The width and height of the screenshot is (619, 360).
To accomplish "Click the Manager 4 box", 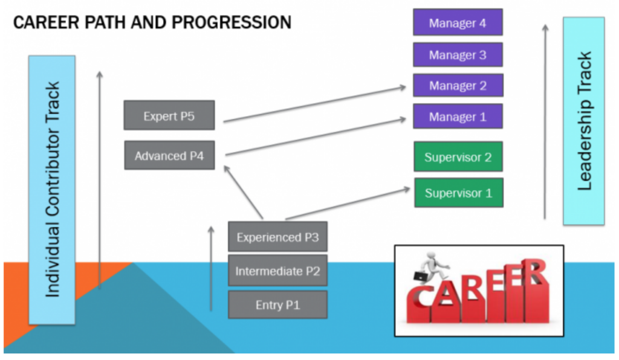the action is [458, 22].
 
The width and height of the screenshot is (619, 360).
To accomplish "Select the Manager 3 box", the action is [458, 54].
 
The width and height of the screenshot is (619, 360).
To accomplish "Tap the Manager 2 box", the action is [458, 85].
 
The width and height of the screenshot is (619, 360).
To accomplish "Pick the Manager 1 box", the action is [458, 117].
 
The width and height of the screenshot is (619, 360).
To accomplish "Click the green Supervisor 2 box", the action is [458, 156].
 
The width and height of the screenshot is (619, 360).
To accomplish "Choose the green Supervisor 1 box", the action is [458, 193].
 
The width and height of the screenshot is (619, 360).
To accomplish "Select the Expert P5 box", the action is [169, 115].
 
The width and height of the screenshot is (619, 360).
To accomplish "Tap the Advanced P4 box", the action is [169, 155].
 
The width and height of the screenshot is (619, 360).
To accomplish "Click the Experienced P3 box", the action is [277, 237].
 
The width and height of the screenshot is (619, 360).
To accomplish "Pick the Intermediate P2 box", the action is [277, 271].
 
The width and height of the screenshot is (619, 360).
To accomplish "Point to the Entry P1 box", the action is [277, 304].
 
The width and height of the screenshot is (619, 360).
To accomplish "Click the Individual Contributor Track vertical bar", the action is [52, 190].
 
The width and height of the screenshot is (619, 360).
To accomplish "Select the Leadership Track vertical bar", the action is [583, 121].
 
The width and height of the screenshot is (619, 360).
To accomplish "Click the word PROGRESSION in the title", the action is [232, 22].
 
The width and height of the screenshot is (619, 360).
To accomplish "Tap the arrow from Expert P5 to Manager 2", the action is [314, 104].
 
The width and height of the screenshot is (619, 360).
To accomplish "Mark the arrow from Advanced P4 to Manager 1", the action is [316, 137].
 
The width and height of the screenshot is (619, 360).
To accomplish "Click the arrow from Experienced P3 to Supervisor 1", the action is [348, 203].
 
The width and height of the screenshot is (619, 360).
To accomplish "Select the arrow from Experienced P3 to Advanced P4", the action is [243, 191].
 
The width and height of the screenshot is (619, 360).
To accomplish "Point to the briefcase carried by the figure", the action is [420, 276].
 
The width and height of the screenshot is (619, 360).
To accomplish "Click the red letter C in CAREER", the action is [420, 301].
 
